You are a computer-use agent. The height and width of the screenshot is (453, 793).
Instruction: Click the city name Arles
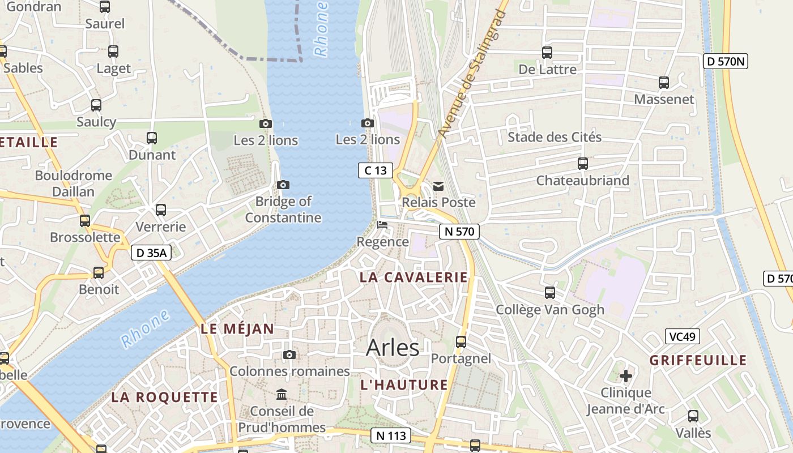393,347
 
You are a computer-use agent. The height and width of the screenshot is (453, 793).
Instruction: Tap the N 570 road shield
459,231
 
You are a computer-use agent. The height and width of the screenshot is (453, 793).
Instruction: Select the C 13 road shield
375,170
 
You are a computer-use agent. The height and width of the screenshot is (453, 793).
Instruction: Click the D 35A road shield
151,253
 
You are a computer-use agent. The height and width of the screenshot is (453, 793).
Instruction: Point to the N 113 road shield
391,435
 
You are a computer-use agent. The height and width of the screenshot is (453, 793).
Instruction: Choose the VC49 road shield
682,336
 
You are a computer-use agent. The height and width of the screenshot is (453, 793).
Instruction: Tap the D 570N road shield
725,61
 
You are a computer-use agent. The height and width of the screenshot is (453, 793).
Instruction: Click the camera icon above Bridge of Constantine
283,185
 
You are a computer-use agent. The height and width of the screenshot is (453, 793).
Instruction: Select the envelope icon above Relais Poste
438,186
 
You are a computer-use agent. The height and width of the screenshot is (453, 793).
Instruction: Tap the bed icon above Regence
382,225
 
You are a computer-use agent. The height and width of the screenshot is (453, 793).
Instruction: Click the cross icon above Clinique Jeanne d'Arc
626,375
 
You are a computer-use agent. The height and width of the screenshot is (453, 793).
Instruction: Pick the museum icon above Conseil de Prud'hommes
282,394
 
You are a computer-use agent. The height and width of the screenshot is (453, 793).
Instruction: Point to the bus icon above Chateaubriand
583,164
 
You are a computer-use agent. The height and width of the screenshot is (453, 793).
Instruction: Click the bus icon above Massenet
664,83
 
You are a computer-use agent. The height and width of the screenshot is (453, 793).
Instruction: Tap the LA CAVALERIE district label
414,277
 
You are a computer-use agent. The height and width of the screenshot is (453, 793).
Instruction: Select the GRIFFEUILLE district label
698,360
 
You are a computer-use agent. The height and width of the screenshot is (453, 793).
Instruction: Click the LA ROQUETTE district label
164,397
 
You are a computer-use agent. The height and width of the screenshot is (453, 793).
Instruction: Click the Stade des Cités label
555,137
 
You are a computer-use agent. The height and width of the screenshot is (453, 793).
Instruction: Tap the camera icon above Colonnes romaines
289,354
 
